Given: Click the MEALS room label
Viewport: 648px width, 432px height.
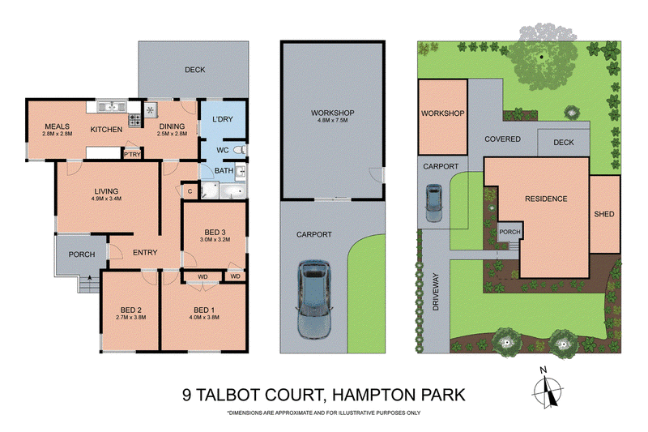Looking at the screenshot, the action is [x=57, y=126].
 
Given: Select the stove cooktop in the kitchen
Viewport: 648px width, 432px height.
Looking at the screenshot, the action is [x=134, y=120].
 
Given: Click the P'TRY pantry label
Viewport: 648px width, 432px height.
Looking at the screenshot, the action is [x=132, y=154].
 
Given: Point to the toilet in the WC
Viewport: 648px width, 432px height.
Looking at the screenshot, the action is [x=240, y=150].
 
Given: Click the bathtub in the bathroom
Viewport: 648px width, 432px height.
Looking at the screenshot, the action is [x=232, y=191].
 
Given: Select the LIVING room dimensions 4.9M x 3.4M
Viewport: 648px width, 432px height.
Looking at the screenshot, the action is [x=107, y=199].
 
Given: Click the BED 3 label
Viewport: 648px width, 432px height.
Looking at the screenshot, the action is [x=215, y=233].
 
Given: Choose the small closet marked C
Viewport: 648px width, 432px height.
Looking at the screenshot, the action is [x=190, y=191].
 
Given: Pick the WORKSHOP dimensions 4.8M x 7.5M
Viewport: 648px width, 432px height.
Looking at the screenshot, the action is [x=333, y=120].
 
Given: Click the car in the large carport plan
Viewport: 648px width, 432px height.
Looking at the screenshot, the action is [x=313, y=299].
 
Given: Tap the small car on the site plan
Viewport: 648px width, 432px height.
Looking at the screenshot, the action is [x=433, y=203].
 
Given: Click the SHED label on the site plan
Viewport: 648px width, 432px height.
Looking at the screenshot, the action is [x=604, y=214].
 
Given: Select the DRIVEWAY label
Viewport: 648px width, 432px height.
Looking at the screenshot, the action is [x=436, y=292].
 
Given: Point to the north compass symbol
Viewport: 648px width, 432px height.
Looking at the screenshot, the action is [x=548, y=387].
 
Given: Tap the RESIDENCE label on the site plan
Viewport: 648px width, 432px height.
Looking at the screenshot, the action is [x=546, y=199].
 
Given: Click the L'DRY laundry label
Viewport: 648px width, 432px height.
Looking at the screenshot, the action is [x=223, y=119].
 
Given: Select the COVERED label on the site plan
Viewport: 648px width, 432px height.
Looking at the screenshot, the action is [x=502, y=139].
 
